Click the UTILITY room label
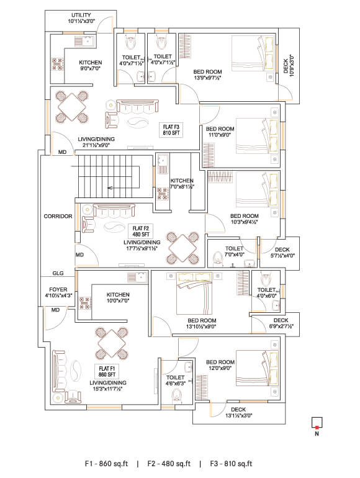[x=81, y=15]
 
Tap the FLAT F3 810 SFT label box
[x=171, y=130]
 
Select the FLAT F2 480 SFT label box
[x=141, y=231]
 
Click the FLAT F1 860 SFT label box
[x=107, y=371]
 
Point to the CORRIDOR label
[x=58, y=216]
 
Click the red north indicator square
[x=317, y=427]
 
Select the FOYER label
[x=58, y=290]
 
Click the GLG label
[x=58, y=273]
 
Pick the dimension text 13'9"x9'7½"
[x=207, y=78]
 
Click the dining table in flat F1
[x=111, y=343]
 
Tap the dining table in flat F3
[x=72, y=107]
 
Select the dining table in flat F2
[x=182, y=248]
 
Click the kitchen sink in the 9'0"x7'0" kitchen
[x=86, y=40]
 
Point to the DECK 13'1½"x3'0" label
[x=239, y=412]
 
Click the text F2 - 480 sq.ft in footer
[x=169, y=464]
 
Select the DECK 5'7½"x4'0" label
[x=282, y=253]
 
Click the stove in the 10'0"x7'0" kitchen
[x=85, y=303]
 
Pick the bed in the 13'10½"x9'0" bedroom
[x=194, y=293]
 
